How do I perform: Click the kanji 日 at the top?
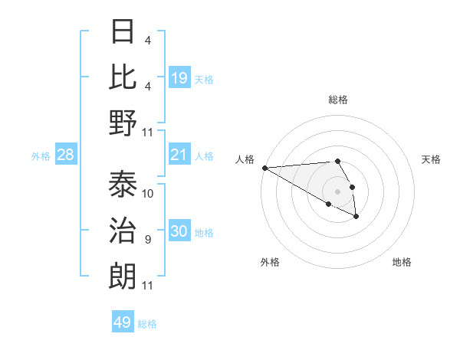point(123,32)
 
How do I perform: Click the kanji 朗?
point(123,276)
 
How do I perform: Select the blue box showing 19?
point(179,77)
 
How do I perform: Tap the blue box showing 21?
point(179,155)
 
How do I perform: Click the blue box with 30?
point(179,232)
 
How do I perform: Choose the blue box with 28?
point(66,155)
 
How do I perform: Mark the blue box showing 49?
point(123,322)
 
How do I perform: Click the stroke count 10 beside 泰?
point(148,194)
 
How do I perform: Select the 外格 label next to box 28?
point(41,156)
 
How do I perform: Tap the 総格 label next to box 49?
point(147,323)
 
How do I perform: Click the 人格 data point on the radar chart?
point(264,168)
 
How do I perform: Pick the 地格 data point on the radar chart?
point(356,217)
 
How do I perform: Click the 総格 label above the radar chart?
point(337,100)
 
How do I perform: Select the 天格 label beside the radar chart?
point(431,159)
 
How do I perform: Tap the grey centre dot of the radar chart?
point(337,191)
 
